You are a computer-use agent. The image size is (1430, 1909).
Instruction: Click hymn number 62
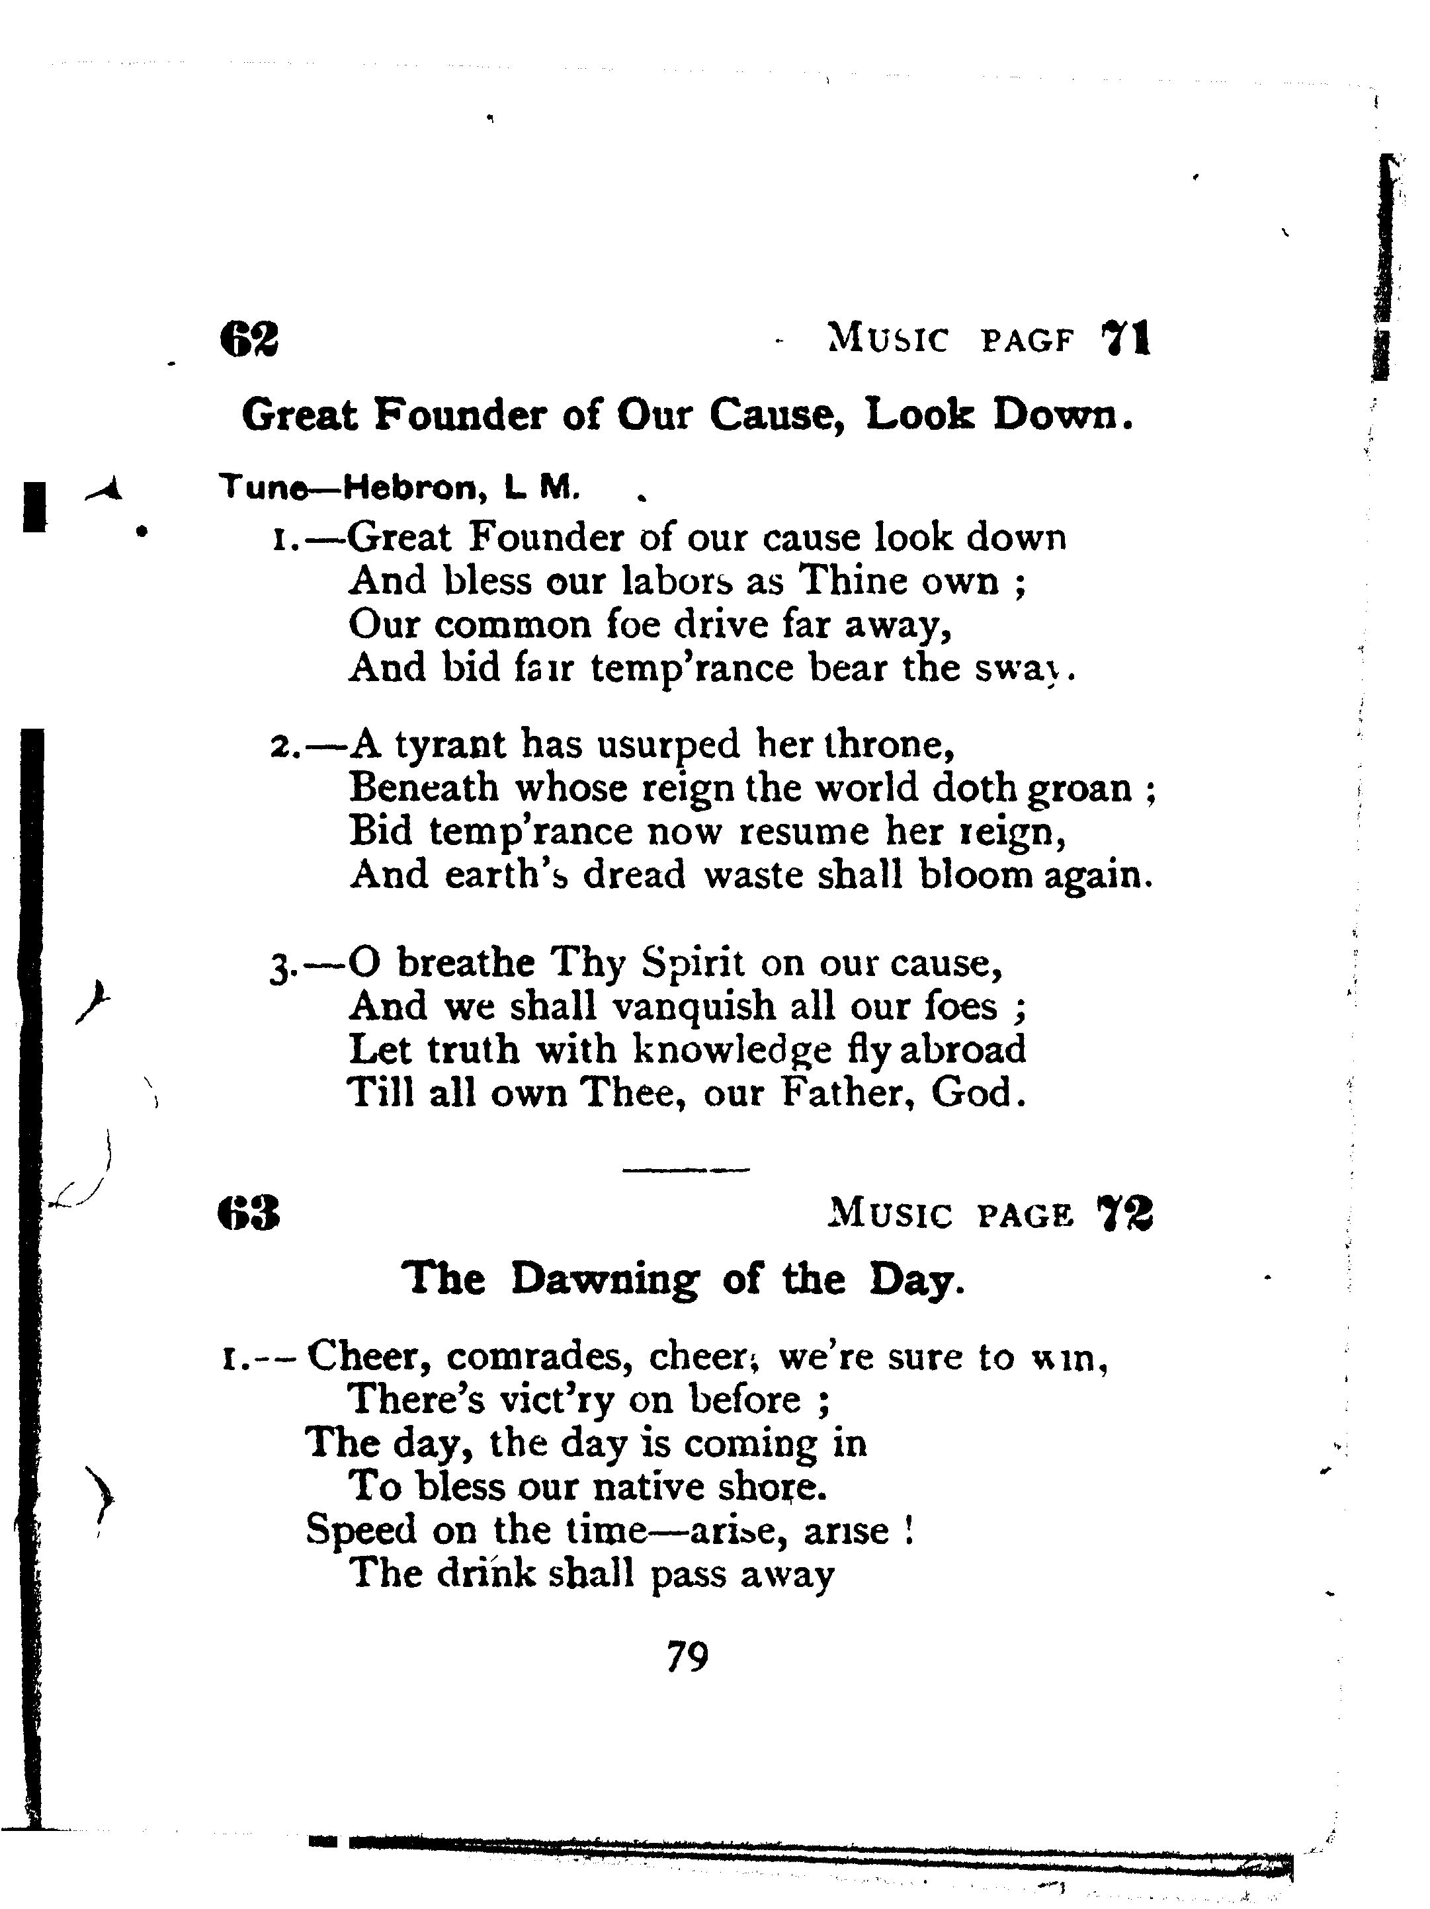pyautogui.click(x=249, y=339)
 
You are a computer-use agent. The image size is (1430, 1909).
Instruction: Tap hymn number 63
pyautogui.click(x=249, y=1214)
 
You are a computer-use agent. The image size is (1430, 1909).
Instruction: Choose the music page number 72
pyautogui.click(x=1124, y=1214)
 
